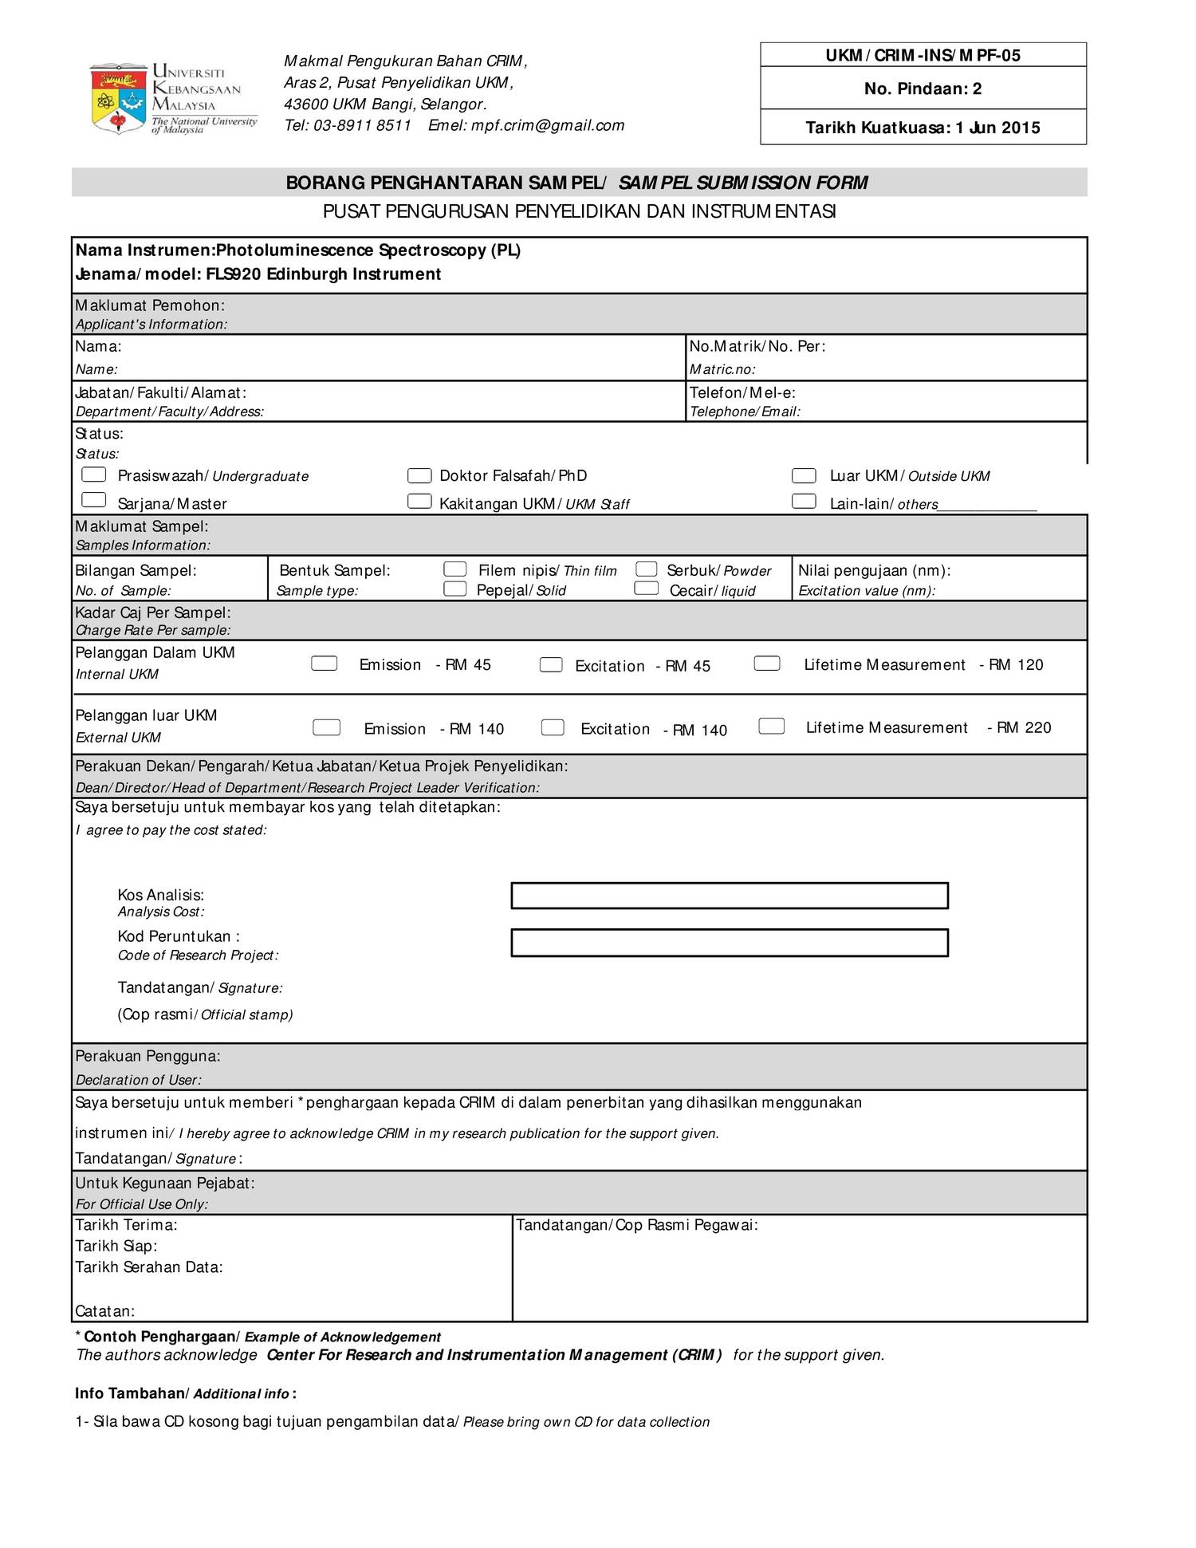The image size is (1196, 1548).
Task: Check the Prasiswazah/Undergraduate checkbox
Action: pyautogui.click(x=94, y=475)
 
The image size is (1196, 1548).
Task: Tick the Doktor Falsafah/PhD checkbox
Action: pyautogui.click(x=419, y=475)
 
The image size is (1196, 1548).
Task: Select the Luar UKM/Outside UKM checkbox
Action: pyautogui.click(x=804, y=475)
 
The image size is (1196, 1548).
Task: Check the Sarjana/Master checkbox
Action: pyautogui.click(x=94, y=500)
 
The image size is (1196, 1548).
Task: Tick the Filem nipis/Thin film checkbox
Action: pyautogui.click(x=455, y=569)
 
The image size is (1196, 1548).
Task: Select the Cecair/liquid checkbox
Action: pyautogui.click(x=646, y=589)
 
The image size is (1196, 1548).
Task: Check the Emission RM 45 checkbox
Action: pyautogui.click(x=325, y=664)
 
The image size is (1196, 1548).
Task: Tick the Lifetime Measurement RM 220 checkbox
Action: pyautogui.click(x=771, y=726)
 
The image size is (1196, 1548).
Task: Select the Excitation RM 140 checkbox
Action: pyautogui.click(x=553, y=727)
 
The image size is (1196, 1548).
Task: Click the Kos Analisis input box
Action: pyautogui.click(x=729, y=896)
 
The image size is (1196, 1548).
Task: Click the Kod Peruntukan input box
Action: pyautogui.click(x=729, y=943)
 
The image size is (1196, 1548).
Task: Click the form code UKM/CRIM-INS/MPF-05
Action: pyautogui.click(x=923, y=55)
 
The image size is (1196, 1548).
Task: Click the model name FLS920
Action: pyautogui.click(x=234, y=274)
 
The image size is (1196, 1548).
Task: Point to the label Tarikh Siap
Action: pyautogui.click(x=116, y=1246)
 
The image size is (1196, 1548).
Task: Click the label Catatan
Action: pyautogui.click(x=105, y=1311)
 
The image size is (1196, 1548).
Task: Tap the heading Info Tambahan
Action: pyautogui.click(x=130, y=1393)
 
